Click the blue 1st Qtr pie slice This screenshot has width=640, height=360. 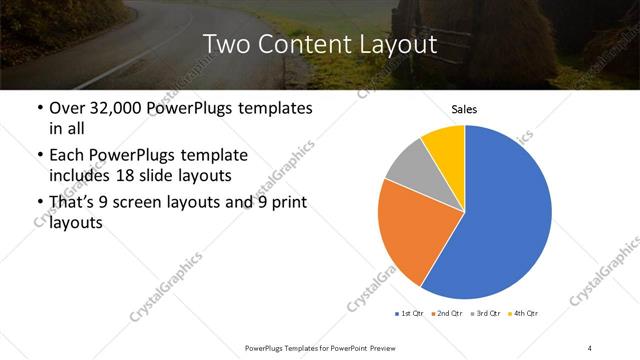click(500, 215)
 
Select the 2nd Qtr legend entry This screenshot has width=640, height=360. click(447, 314)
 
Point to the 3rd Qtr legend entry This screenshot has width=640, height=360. click(487, 314)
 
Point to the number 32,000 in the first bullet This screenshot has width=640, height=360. click(114, 108)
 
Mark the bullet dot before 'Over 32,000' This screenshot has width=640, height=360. click(39, 108)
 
